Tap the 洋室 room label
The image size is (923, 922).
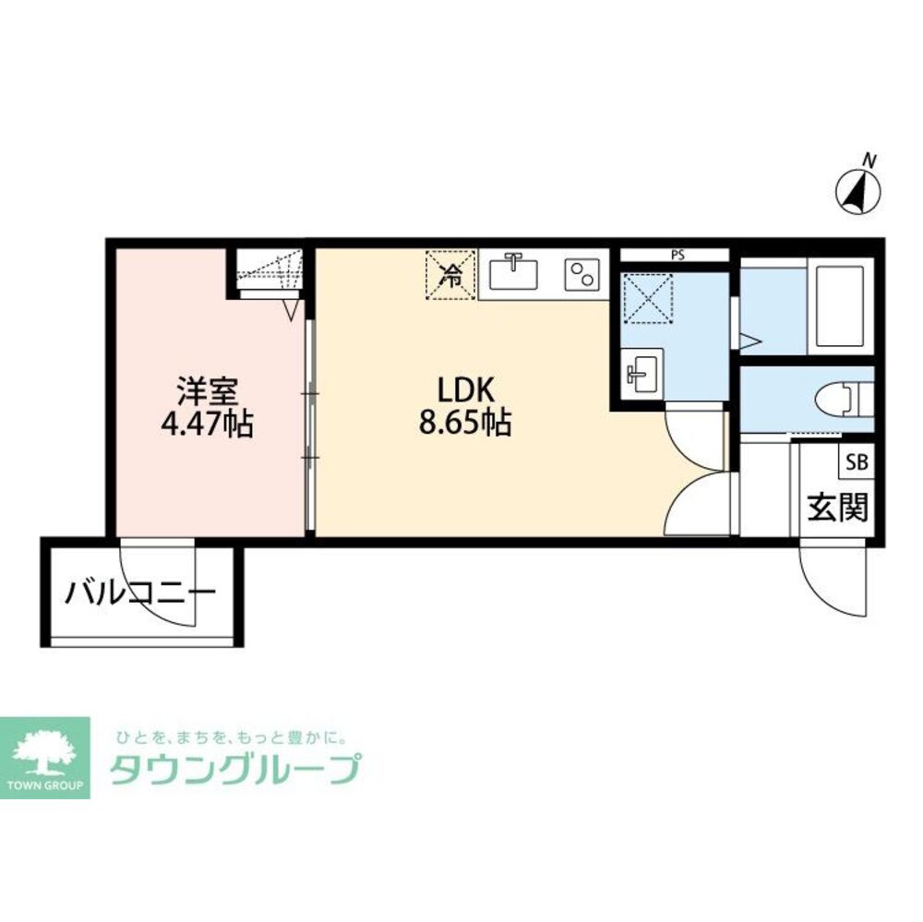coord(207,390)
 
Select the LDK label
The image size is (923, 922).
coord(464,389)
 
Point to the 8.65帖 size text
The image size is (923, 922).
coord(464,422)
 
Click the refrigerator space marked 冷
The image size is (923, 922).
coord(451,275)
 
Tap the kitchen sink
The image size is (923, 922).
coord(514,271)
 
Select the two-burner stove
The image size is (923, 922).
coord(581,274)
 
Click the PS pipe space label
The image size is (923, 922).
coord(677,256)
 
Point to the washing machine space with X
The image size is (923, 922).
coord(648,298)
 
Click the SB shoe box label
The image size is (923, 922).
coord(857,462)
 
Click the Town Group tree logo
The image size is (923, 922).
coord(45,758)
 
